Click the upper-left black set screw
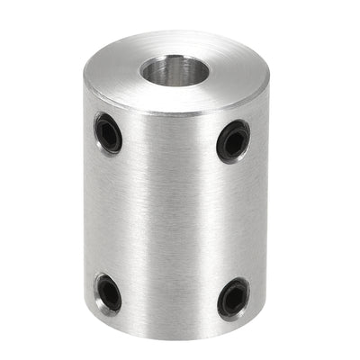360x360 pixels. click(108, 133)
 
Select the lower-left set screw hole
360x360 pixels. click(107, 292)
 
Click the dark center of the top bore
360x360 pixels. click(171, 71)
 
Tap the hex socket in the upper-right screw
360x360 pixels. click(233, 140)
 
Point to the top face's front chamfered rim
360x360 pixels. click(171, 112)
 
